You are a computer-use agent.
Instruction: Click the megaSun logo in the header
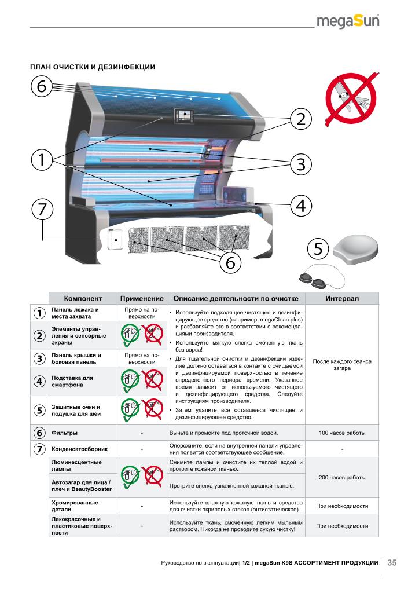348,22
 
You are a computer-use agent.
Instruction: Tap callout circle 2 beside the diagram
300,119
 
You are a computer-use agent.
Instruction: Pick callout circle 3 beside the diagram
300,164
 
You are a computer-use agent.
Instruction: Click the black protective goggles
313,280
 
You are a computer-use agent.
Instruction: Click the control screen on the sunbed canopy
185,115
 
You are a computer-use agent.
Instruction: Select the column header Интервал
342,298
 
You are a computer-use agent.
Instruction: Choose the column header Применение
142,298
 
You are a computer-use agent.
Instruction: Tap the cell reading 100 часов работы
342,433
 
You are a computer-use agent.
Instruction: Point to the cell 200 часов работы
342,478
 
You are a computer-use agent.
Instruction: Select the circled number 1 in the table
39,313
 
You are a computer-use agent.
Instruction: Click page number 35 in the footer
392,562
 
